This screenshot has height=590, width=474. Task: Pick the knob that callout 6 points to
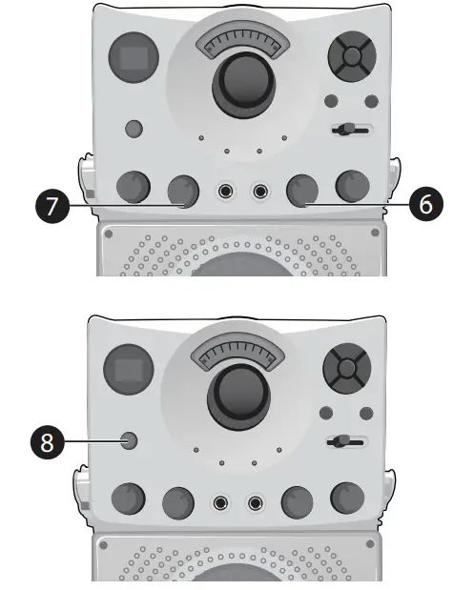(303, 191)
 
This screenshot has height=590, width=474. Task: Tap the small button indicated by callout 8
(129, 441)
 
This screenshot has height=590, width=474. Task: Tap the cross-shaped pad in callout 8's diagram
(344, 367)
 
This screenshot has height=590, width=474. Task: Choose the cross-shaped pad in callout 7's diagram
(351, 57)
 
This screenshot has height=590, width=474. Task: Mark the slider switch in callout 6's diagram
(351, 130)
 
